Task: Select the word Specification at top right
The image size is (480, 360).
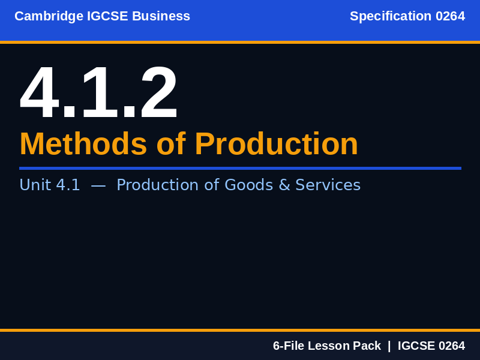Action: click(391, 16)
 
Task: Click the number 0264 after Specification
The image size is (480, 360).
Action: click(450, 16)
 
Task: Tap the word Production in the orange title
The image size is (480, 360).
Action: click(276, 144)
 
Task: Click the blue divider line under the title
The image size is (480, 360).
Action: click(240, 168)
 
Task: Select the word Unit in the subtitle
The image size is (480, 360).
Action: click(35, 185)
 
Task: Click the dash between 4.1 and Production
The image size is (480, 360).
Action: click(98, 185)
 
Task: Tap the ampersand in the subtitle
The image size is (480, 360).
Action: click(284, 185)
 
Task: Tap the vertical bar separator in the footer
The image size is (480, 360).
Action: click(389, 346)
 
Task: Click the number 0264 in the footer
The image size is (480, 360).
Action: click(452, 346)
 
